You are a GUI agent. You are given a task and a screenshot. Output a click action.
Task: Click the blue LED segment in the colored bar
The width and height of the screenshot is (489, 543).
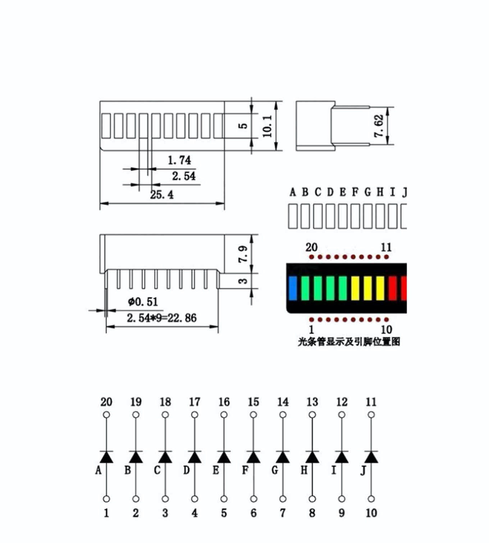click(x=293, y=288)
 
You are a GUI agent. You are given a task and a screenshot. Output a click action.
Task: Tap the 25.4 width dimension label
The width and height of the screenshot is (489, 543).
click(x=162, y=195)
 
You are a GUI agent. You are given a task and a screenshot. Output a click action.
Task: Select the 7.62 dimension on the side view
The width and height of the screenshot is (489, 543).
click(x=379, y=126)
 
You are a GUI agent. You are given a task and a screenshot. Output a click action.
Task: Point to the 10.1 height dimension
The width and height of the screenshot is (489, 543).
click(x=267, y=126)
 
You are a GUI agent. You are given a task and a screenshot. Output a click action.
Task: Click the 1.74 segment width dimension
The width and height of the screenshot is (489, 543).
click(x=179, y=160)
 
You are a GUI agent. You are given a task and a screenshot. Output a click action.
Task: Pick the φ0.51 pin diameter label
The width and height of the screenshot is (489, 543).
click(x=143, y=302)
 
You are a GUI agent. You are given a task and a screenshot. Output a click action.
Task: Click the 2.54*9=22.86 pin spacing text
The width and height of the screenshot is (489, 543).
click(x=162, y=318)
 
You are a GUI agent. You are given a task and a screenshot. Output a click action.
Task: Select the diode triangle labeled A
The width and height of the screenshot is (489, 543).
click(x=106, y=457)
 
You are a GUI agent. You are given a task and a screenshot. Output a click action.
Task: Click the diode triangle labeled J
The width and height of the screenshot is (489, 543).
click(x=371, y=457)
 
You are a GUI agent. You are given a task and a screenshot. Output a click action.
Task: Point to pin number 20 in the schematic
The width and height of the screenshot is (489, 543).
click(x=106, y=402)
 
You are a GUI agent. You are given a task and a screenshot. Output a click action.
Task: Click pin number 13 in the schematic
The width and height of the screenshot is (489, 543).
click(x=312, y=402)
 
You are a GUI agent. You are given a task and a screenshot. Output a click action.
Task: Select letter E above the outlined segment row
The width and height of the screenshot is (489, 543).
click(x=343, y=192)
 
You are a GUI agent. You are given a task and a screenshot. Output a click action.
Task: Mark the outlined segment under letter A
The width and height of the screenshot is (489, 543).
click(x=293, y=216)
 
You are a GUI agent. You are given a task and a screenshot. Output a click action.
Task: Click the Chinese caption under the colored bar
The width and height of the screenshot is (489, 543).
click(x=349, y=342)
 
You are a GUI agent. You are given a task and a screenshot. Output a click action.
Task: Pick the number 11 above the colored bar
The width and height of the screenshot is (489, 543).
click(x=386, y=247)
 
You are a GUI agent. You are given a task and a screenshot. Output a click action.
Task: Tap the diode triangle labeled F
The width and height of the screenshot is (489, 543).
click(x=253, y=457)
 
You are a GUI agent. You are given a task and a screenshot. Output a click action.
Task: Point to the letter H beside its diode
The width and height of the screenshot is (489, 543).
click(x=304, y=470)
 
